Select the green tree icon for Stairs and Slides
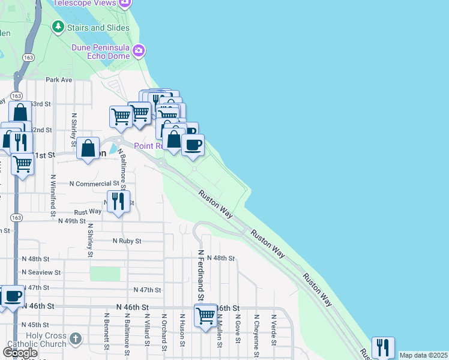[58, 26]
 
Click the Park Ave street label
[59, 79]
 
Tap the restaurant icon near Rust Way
[118, 202]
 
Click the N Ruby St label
[127, 241]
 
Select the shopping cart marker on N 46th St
[205, 315]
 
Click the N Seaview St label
[41, 272]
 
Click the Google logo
[20, 352]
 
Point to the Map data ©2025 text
[423, 355]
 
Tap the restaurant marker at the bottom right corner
[382, 347]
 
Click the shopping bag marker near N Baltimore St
[88, 148]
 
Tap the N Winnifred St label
[53, 195]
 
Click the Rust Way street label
[88, 211]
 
